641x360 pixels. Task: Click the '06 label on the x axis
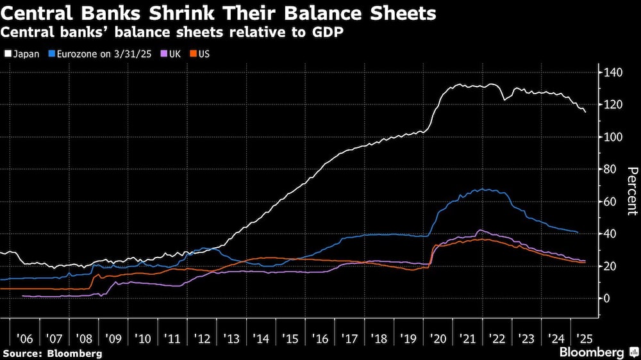pyautogui.click(x=26, y=338)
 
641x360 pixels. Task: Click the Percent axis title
pyautogui.click(x=631, y=190)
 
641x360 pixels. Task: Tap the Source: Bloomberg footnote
pyautogui.click(x=52, y=353)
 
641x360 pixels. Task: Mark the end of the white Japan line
pyautogui.click(x=585, y=112)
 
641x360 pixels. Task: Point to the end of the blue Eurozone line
pyautogui.click(x=578, y=232)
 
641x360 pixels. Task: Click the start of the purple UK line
pyautogui.click(x=22, y=296)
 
